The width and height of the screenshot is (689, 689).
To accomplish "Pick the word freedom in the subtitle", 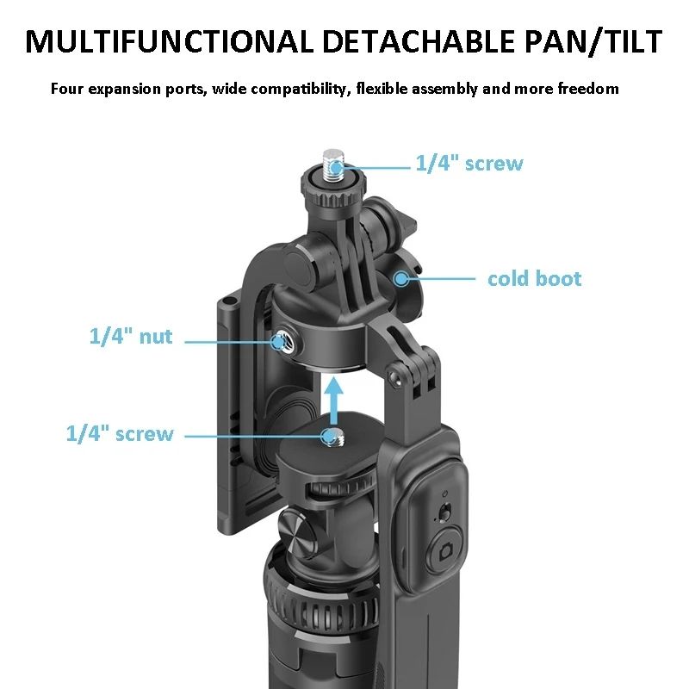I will point(587,89).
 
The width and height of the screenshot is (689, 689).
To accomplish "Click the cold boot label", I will point(534,279).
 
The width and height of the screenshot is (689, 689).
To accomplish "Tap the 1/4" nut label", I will point(131,337).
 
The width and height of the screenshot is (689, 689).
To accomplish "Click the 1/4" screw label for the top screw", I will point(469,164).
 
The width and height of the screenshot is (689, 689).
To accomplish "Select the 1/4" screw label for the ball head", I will point(120,434).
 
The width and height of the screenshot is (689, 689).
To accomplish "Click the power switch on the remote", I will point(444,512).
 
